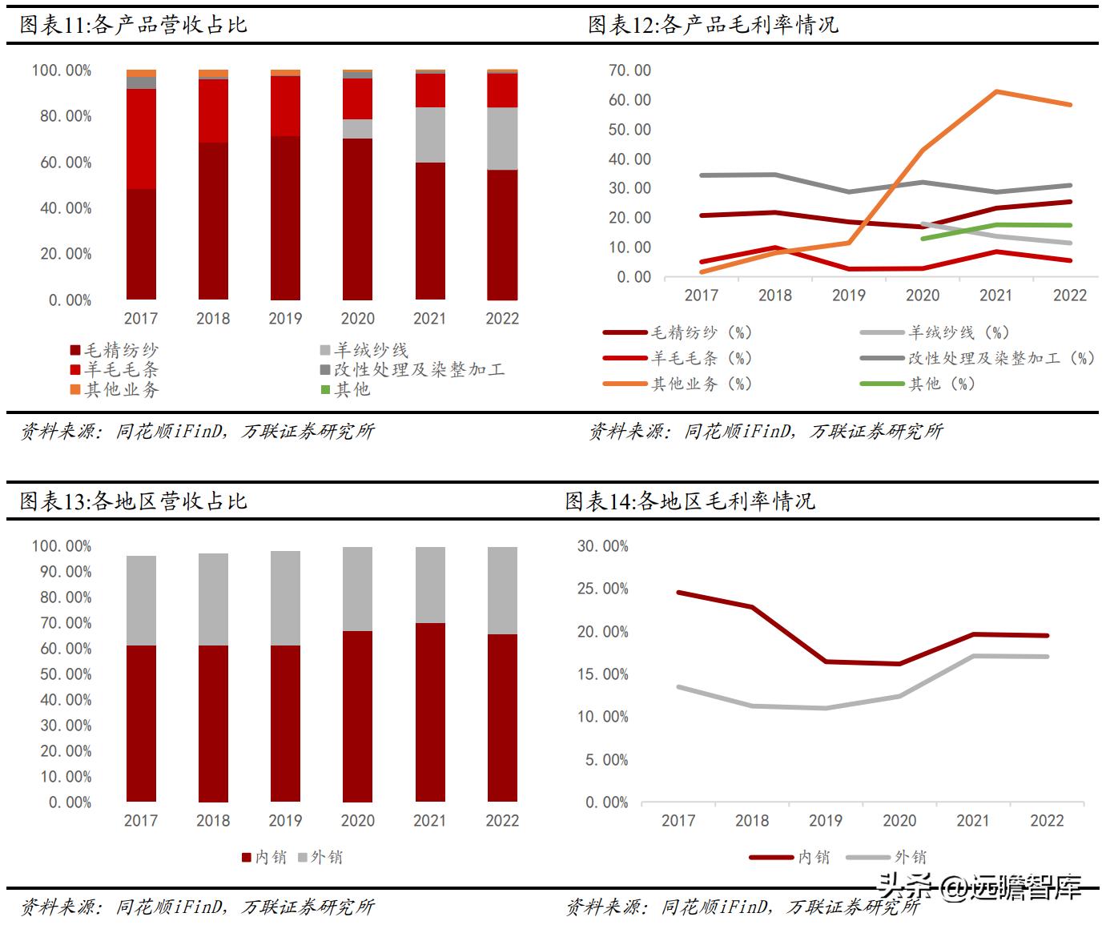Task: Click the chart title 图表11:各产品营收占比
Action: (134, 25)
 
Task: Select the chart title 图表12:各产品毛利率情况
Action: (713, 25)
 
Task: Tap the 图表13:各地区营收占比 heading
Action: (134, 501)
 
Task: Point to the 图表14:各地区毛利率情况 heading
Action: (690, 501)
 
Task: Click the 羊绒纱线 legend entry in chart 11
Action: (365, 350)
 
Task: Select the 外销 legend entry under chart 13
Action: (320, 857)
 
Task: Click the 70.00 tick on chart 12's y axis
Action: (630, 70)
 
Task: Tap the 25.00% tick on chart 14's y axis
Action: (603, 589)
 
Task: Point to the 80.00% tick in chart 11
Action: (62, 116)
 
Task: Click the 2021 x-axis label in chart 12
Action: (995, 295)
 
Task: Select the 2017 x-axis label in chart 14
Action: (678, 820)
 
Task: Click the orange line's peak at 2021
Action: (996, 91)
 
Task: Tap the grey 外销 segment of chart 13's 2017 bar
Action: (141, 601)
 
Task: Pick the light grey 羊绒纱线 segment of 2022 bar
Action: (502, 139)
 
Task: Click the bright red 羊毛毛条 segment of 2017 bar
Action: (141, 139)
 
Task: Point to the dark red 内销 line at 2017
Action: (678, 593)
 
